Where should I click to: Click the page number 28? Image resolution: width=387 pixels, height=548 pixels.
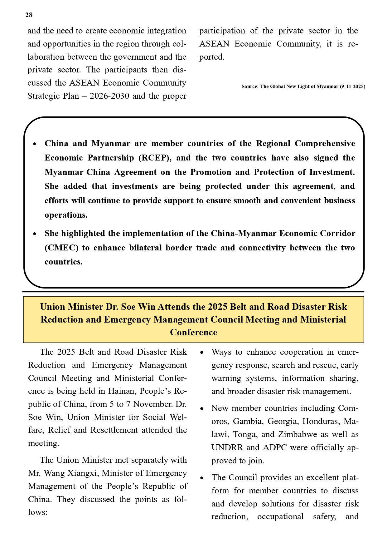click(29, 15)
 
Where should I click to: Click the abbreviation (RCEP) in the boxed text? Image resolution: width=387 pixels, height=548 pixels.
click(155, 158)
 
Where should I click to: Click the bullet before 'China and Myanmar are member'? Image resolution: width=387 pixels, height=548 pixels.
click(35, 144)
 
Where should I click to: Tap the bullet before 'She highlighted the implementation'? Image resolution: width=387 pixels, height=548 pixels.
click(35, 234)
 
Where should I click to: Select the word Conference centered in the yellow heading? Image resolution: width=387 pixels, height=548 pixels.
click(193, 332)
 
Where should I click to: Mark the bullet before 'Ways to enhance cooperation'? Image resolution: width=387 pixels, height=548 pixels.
click(202, 353)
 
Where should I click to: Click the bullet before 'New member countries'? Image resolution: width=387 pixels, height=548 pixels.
click(202, 409)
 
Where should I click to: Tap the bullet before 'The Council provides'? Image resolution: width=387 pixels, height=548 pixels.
click(202, 478)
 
